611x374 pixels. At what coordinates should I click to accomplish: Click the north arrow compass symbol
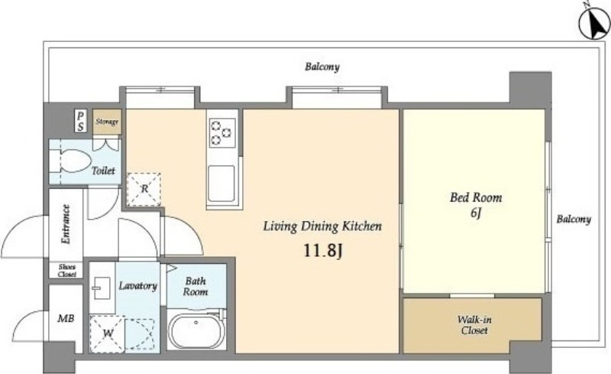(x=595, y=24)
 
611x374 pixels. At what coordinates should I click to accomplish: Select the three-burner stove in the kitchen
(x=222, y=133)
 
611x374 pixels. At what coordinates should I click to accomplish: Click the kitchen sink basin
(x=221, y=184)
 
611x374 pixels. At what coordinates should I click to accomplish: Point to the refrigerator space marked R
(x=144, y=190)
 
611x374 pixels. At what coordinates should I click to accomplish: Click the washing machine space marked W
(x=108, y=333)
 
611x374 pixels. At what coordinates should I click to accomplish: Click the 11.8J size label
(x=322, y=251)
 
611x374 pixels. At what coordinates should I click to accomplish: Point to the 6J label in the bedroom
(x=476, y=213)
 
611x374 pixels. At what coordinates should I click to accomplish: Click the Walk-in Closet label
(x=474, y=325)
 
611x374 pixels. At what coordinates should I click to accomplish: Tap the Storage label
(x=107, y=122)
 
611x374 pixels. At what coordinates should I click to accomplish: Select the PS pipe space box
(x=80, y=121)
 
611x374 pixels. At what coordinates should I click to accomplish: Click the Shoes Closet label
(x=67, y=271)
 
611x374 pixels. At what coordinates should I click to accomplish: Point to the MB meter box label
(x=66, y=319)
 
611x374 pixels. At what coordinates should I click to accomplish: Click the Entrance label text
(x=66, y=225)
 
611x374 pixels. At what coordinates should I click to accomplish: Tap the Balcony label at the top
(x=322, y=67)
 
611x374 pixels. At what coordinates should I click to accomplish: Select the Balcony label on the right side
(x=574, y=219)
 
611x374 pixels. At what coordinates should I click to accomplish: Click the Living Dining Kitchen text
(x=322, y=226)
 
